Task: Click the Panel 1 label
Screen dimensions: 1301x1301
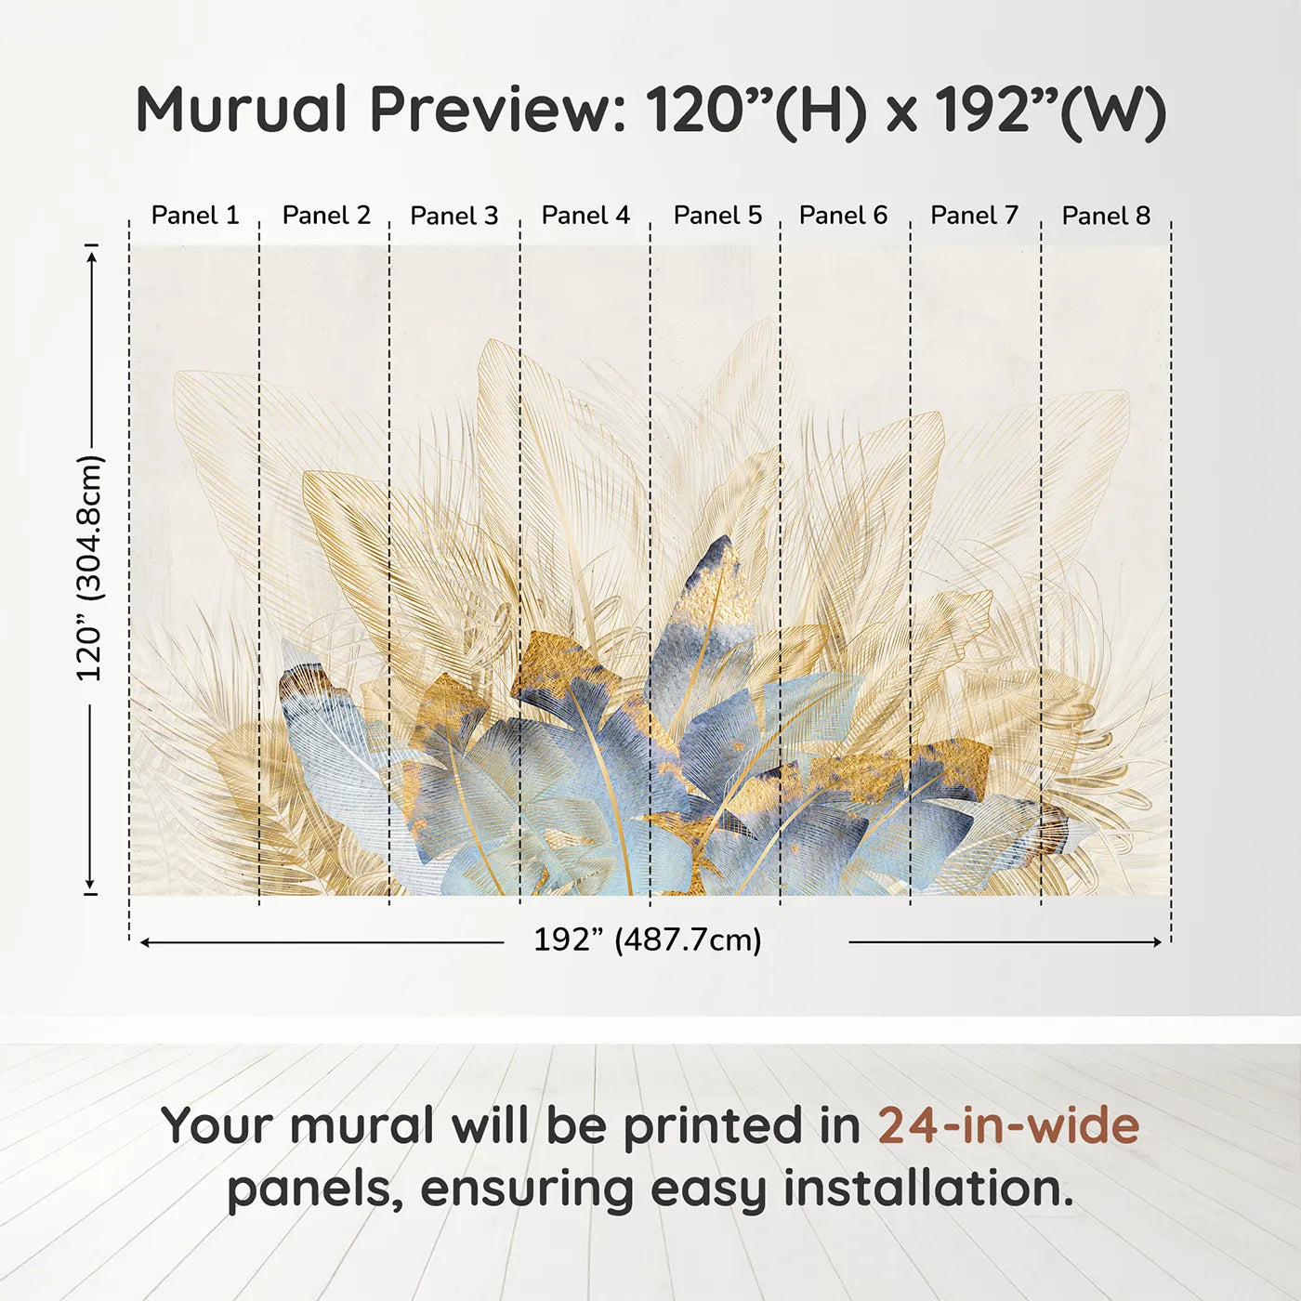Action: (195, 216)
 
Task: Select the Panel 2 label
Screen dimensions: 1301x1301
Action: (326, 216)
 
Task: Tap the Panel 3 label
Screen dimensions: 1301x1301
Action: (454, 216)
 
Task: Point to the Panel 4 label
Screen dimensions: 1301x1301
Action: (585, 216)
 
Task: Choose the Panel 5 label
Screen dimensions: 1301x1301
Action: (717, 216)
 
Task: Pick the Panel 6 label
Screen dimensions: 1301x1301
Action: (843, 216)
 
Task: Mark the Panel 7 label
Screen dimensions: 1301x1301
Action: (974, 216)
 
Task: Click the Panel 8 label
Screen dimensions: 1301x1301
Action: (1106, 216)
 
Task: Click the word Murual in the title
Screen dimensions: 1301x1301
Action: (242, 110)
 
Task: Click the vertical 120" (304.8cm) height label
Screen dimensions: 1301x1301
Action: (90, 568)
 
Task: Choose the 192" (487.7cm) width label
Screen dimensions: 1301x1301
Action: (647, 940)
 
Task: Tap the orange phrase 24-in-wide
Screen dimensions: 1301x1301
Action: (1008, 1125)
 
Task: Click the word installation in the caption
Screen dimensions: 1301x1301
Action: (927, 1189)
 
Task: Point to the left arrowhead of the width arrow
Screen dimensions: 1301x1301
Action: (144, 942)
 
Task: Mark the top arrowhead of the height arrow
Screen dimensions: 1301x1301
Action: (91, 256)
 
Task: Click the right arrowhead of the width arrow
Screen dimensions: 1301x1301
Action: (1158, 942)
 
